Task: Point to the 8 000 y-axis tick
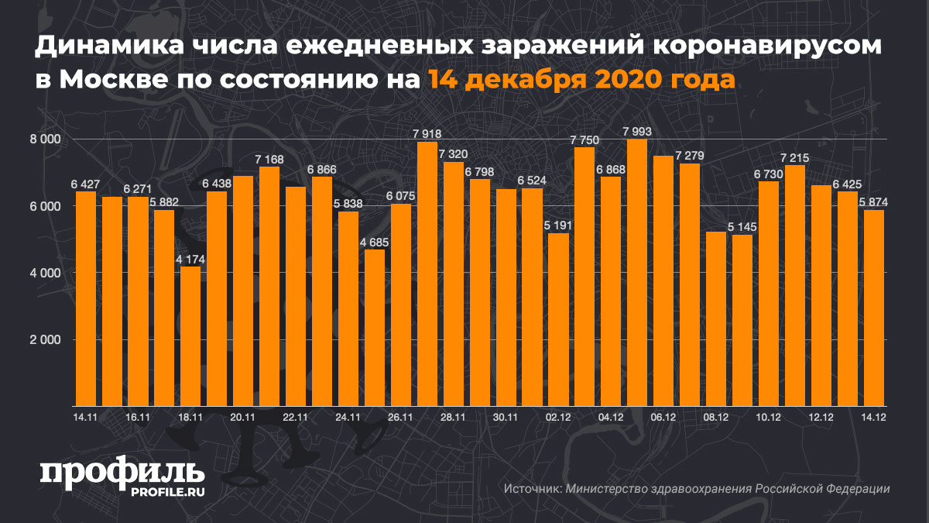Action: click(46, 139)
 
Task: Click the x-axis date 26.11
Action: click(401, 417)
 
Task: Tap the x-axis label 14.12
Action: click(874, 417)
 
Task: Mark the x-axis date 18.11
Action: click(190, 417)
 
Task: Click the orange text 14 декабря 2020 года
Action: click(579, 79)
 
